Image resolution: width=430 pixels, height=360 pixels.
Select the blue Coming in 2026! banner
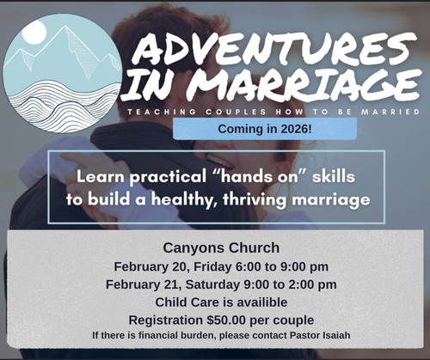click(x=265, y=129)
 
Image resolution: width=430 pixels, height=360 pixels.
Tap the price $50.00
click(x=244, y=318)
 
